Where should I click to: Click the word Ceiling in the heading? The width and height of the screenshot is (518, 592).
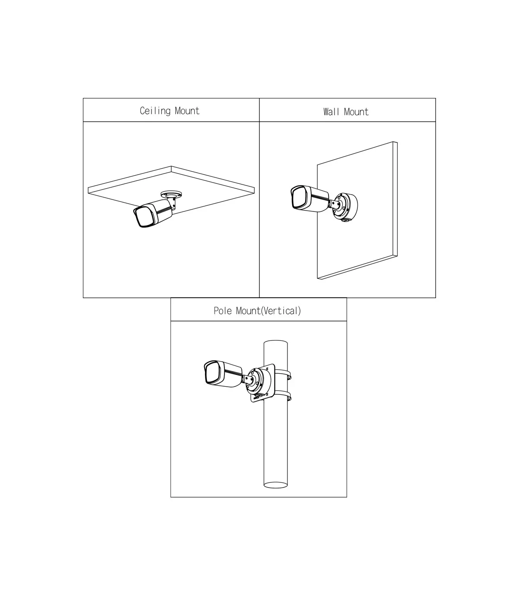155,111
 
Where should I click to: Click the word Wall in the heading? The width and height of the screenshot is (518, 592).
331,112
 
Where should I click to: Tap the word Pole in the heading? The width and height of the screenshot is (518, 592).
223,311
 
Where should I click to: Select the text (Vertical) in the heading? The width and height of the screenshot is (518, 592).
281,311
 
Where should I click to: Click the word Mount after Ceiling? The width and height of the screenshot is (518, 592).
187,111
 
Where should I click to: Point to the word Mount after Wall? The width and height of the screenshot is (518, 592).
356,112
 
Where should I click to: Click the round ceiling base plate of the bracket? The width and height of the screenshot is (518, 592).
171,194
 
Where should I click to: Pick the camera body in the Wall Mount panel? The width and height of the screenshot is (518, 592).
310,198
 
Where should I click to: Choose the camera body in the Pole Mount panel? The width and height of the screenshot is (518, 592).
223,374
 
